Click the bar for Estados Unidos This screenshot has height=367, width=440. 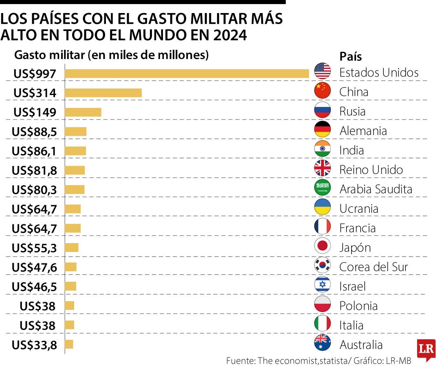click(187, 73)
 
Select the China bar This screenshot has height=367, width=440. click(103, 93)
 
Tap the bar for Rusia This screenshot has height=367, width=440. click(83, 112)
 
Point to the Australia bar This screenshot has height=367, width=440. click(69, 345)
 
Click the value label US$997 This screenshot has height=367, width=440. click(34, 74)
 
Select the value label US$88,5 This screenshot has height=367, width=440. click(34, 132)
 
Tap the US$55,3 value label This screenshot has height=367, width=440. click(34, 248)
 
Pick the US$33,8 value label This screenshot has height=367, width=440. click(34, 345)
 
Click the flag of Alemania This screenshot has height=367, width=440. click(322, 130)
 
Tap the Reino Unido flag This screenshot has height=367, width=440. click(322, 168)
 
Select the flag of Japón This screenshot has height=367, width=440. click(322, 246)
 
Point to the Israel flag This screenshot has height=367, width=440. click(322, 285)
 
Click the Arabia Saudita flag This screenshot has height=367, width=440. click(322, 188)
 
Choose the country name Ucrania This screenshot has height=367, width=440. click(359, 209)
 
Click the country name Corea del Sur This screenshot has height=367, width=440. click(373, 267)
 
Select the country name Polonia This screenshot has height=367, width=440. click(358, 306)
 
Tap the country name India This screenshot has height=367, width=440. click(351, 150)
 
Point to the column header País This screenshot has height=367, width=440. click(350, 56)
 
